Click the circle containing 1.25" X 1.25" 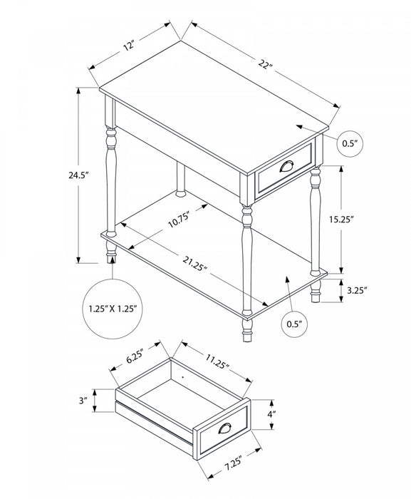tap(115, 309)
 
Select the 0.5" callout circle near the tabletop tap(350, 143)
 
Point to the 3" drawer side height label tap(83, 401)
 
